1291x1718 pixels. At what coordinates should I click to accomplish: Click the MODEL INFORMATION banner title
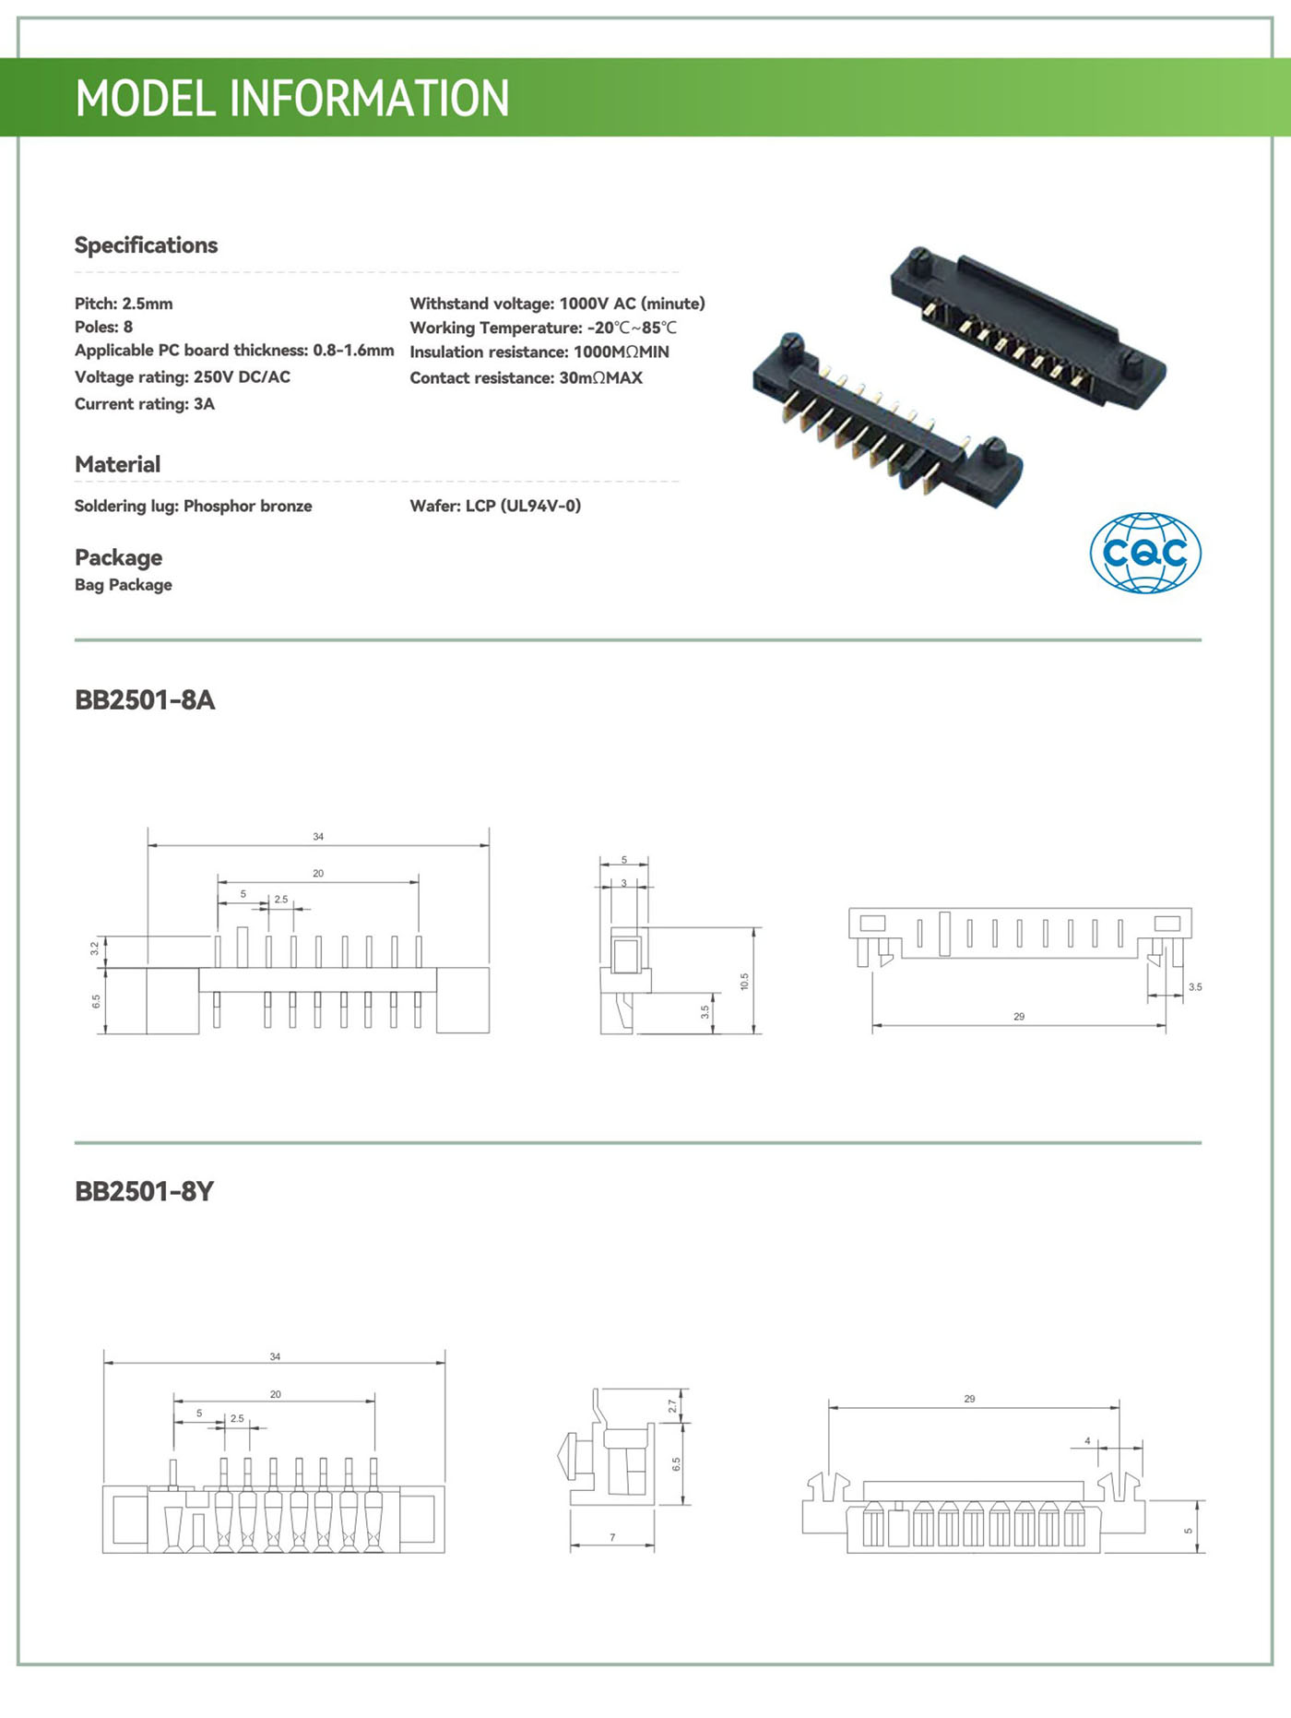291,98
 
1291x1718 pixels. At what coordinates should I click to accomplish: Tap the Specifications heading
146,245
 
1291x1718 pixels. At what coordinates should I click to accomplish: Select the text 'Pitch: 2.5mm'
124,304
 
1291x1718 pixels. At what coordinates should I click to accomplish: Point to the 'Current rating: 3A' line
145,404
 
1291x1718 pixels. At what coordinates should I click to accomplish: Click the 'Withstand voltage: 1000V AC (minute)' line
557,304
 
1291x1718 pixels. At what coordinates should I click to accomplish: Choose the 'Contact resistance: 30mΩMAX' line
526,377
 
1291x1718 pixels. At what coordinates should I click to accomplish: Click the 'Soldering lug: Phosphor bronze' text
193,506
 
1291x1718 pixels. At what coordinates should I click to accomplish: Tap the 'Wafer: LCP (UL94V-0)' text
495,506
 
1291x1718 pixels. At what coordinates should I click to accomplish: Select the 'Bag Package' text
124,585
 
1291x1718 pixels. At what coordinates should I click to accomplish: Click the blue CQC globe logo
1145,553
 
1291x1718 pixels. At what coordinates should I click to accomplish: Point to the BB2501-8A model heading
145,700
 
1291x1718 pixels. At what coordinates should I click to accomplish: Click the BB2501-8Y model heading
144,1192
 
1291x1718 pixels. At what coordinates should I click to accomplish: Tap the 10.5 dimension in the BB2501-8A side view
744,981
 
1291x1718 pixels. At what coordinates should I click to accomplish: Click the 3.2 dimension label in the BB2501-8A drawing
95,948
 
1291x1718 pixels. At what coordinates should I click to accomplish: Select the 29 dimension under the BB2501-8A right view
1019,1017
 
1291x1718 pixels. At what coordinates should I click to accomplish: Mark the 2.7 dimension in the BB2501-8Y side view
672,1406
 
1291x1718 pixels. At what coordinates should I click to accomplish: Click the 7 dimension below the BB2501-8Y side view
612,1538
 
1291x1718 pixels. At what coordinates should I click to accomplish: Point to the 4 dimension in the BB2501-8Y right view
1087,1441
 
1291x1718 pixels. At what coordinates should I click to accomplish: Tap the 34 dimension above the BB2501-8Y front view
275,1357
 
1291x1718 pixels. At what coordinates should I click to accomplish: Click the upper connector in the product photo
1028,328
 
